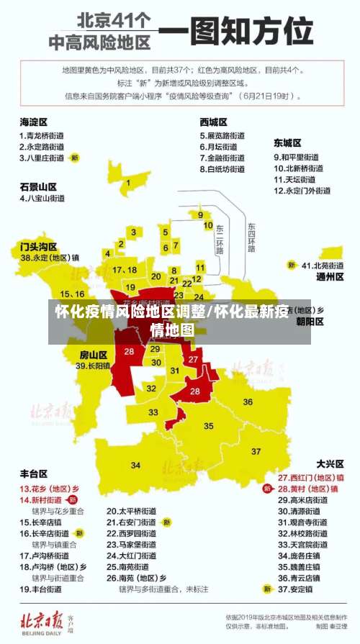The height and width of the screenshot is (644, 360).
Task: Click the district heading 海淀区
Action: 33,122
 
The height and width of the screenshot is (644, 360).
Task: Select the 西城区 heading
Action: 213,122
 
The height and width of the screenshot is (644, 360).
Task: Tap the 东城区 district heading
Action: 287,143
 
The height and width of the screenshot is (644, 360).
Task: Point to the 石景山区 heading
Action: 38,186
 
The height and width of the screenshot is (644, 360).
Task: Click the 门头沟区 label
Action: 38,246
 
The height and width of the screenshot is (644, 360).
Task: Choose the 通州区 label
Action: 330,276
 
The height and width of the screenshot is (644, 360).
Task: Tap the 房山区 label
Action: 93,355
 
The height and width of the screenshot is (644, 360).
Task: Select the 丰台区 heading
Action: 33,473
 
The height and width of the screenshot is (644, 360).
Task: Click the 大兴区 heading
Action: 330,464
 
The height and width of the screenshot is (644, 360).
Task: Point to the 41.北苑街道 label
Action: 323,265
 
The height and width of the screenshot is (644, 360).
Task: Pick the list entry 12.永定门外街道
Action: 302,191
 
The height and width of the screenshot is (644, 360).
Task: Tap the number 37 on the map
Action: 257,451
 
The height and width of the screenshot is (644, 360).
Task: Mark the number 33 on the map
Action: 153,412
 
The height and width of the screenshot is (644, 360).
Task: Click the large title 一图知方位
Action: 235,31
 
